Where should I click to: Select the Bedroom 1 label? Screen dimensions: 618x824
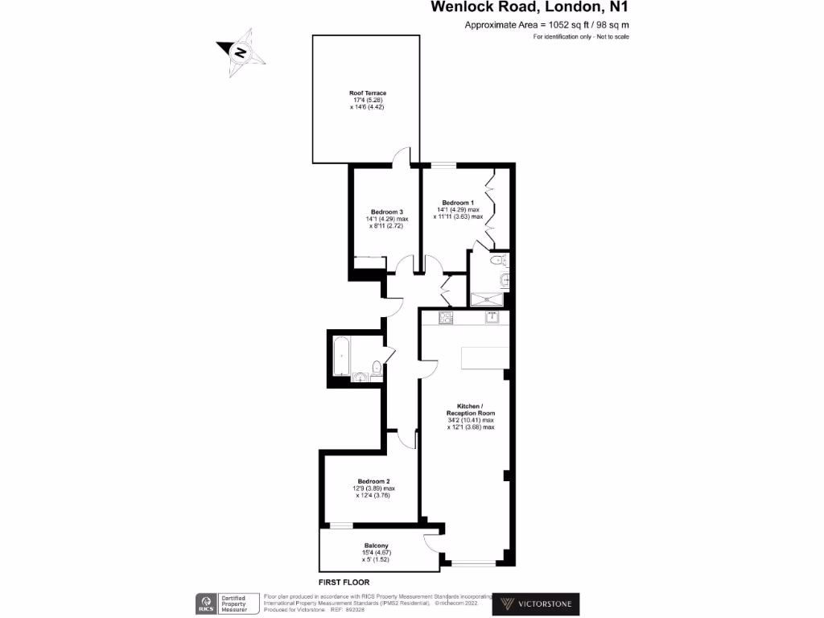click(458, 202)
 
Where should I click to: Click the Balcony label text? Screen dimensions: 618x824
click(376, 546)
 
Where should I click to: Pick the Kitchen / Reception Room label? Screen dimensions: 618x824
click(470, 409)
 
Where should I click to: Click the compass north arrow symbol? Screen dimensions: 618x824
click(240, 53)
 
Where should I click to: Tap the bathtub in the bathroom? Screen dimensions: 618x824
click(340, 356)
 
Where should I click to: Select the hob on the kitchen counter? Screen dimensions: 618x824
click(446, 317)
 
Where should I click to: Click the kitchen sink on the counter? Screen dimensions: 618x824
click(492, 317)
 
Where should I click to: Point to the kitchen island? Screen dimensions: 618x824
click(484, 357)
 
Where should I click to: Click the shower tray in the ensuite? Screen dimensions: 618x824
click(489, 299)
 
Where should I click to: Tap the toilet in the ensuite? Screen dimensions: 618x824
click(499, 260)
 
